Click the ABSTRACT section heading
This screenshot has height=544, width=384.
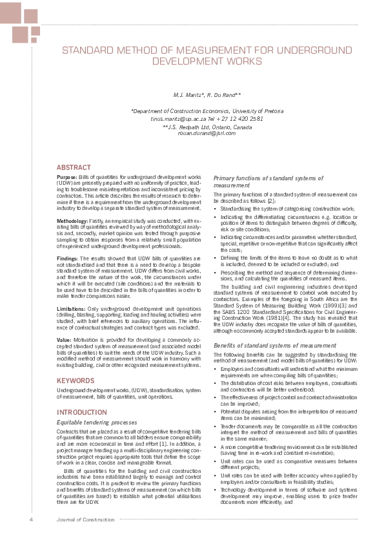[x=74, y=167]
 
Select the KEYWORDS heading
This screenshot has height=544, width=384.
[x=76, y=381]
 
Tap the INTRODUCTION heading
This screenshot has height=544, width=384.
[x=83, y=412]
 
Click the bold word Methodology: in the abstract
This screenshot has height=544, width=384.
[x=72, y=221]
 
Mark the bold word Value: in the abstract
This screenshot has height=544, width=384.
[x=63, y=339]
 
